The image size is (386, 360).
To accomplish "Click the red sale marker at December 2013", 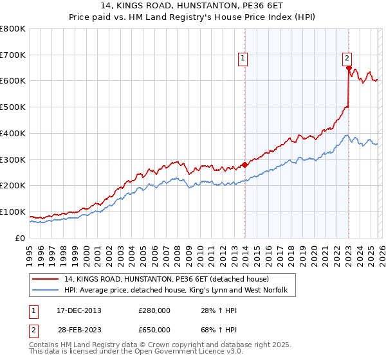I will [244, 165].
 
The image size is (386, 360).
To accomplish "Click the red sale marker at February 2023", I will [348, 67].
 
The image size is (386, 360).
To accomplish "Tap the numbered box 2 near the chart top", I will [347, 57].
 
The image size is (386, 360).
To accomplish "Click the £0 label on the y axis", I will [21, 238].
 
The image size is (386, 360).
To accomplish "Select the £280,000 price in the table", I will [154, 311].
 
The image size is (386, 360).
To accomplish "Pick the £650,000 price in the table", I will [154, 330].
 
